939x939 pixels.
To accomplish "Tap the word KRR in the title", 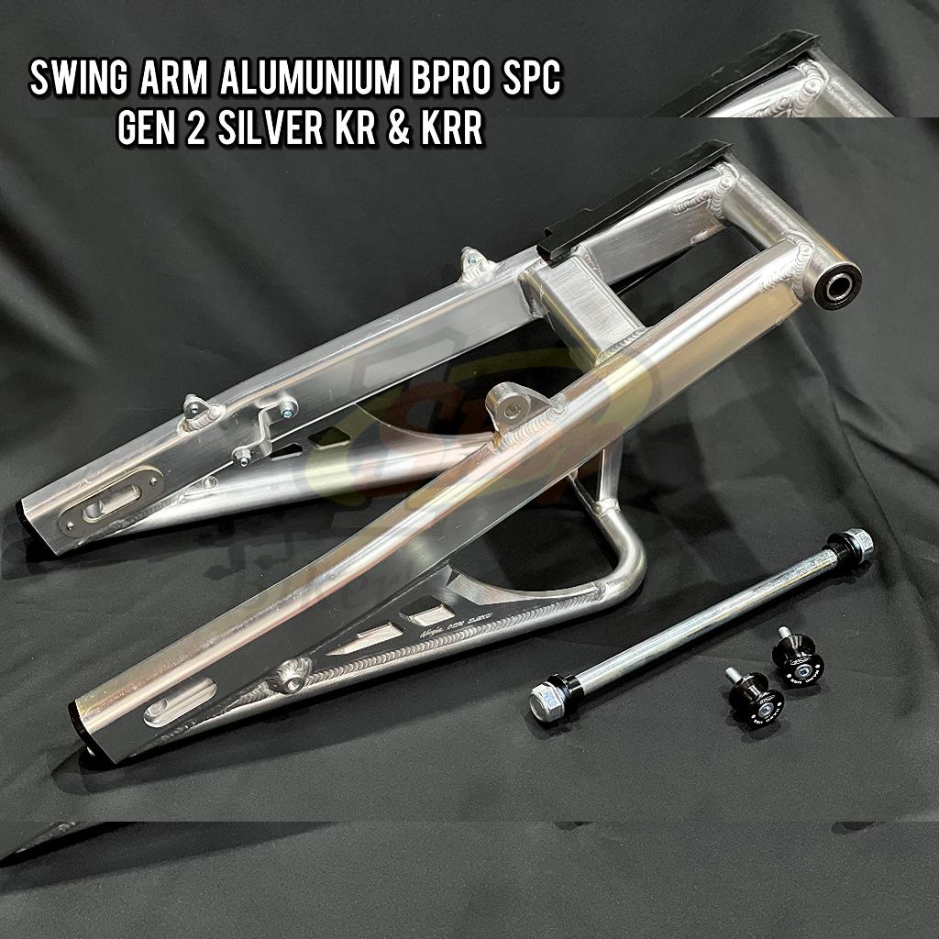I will click(449, 129).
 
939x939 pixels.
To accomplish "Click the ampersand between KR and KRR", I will click(403, 129).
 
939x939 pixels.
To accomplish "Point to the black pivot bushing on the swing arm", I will click(837, 285).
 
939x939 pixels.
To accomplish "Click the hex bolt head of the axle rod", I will click(548, 704).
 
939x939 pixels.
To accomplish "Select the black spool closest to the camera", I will click(755, 698).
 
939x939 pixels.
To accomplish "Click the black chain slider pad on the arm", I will click(633, 197).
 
